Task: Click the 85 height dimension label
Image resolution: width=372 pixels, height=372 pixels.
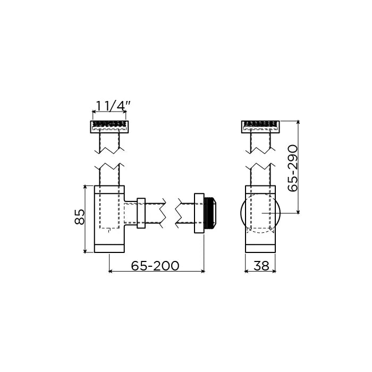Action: tap(79, 217)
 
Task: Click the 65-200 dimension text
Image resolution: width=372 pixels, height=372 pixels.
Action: tap(155, 266)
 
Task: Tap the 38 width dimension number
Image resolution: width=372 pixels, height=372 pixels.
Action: tap(261, 266)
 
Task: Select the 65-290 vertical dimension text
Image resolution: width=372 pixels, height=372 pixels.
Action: tap(292, 168)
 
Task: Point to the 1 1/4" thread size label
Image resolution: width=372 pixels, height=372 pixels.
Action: tap(113, 106)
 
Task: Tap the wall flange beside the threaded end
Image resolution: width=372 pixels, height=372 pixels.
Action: tap(199, 213)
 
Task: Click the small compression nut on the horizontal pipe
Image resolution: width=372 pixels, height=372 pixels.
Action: tap(141, 213)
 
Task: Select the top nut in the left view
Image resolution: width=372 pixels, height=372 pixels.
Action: tap(109, 127)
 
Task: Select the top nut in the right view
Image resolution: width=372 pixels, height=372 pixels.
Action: tap(260, 127)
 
